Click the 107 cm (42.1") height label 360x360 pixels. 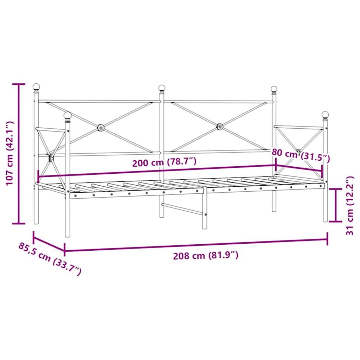pos(9,153)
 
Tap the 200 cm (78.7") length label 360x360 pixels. pos(164,162)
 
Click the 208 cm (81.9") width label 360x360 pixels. pos(206,256)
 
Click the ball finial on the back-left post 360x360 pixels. pos(36,86)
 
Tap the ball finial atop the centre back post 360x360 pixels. pos(162,88)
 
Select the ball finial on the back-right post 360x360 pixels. pos(274,89)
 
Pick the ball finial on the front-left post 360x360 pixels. pos(67,115)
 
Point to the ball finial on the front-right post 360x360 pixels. pos(325,115)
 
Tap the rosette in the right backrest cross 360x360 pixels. pos(220,126)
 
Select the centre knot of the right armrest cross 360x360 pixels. pos(299,152)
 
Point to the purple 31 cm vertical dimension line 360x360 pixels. pos(337,205)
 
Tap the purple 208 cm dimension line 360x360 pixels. pos(196,245)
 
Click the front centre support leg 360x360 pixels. pos(205,211)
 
